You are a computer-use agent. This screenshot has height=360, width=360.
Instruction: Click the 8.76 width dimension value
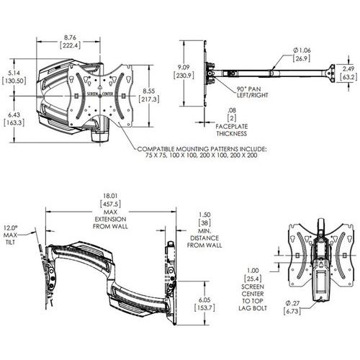point(70,37)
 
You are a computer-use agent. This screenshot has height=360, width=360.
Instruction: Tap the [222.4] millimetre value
point(70,45)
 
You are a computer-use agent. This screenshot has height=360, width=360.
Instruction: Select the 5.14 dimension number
point(14,73)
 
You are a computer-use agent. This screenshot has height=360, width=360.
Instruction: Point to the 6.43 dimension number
point(14,114)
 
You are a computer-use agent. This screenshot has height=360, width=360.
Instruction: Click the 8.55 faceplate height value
point(149,91)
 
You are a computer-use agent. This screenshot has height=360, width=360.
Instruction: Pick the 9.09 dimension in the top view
point(184,68)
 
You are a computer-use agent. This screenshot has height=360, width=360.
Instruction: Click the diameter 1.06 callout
point(302,50)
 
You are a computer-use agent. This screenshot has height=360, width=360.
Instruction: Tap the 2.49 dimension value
point(348,69)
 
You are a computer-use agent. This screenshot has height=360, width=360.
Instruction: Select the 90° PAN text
point(248,89)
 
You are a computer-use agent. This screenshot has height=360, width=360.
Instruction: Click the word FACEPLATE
point(232,127)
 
